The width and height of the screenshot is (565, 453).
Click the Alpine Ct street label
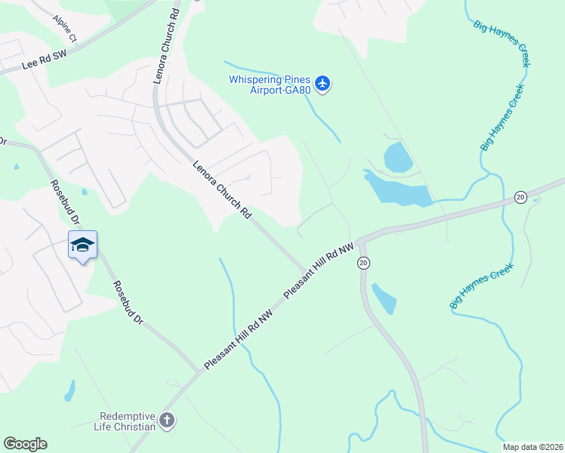point(65,27)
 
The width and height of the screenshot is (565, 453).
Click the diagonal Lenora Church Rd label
point(221,190)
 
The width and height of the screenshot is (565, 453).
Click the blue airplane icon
point(323,82)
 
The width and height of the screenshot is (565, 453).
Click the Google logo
point(25,444)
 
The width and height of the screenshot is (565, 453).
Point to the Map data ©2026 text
point(533,447)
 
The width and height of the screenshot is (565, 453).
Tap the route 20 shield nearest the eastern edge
point(520,197)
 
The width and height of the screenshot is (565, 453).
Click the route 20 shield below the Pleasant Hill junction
point(364,263)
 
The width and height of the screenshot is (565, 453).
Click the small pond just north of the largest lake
point(397,157)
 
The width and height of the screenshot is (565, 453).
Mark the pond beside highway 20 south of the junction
point(384,298)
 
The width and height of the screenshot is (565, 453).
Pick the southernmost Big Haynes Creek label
point(481,285)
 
